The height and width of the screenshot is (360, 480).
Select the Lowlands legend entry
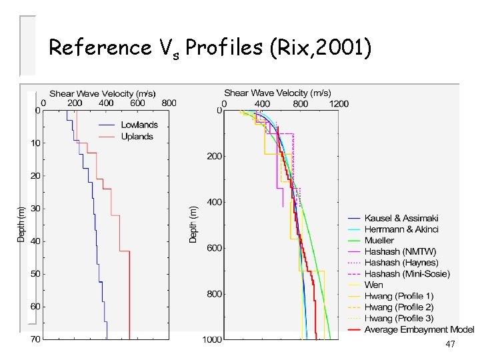pyautogui.click(x=139, y=125)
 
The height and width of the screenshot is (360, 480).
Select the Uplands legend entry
pyautogui.click(x=137, y=137)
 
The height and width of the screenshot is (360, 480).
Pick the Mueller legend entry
pyautogui.click(x=379, y=241)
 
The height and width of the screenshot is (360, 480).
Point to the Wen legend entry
pyautogui.click(x=373, y=285)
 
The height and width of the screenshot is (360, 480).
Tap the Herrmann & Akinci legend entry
pyautogui.click(x=401, y=229)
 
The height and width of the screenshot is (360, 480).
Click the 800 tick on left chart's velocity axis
pyautogui.click(x=169, y=103)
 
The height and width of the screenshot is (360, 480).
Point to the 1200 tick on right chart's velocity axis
pyautogui.click(x=339, y=104)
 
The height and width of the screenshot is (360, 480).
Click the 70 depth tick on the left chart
pyautogui.click(x=35, y=339)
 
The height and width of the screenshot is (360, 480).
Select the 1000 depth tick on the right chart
pyautogui.click(x=212, y=339)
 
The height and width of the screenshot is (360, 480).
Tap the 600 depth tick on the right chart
pyautogui.click(x=214, y=248)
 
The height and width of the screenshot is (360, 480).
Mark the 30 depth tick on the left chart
pyautogui.click(x=35, y=209)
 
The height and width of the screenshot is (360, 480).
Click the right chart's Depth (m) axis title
pyautogui.click(x=193, y=223)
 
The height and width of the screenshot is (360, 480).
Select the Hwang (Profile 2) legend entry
pyautogui.click(x=399, y=307)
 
